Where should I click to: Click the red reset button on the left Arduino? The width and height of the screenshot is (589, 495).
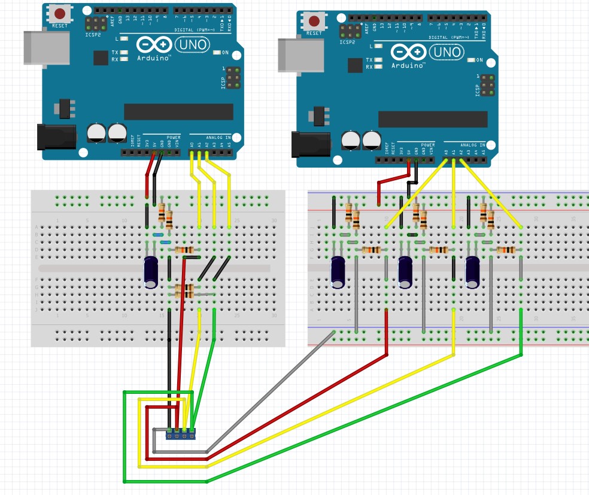(60, 13)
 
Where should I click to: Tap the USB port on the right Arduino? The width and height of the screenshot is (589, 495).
(293, 54)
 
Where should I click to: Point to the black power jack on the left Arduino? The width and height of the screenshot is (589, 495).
(56, 137)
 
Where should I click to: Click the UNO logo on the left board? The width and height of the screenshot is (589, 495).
(192, 45)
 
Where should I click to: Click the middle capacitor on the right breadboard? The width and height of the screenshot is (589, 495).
(406, 270)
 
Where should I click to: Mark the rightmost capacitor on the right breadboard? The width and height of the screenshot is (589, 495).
(473, 270)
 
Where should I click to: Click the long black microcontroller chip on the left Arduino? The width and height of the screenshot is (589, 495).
(178, 111)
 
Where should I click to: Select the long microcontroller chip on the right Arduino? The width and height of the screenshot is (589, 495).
(432, 119)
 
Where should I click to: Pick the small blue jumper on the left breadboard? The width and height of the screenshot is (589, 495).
(159, 235)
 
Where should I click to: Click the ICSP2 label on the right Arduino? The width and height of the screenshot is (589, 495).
(347, 42)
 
